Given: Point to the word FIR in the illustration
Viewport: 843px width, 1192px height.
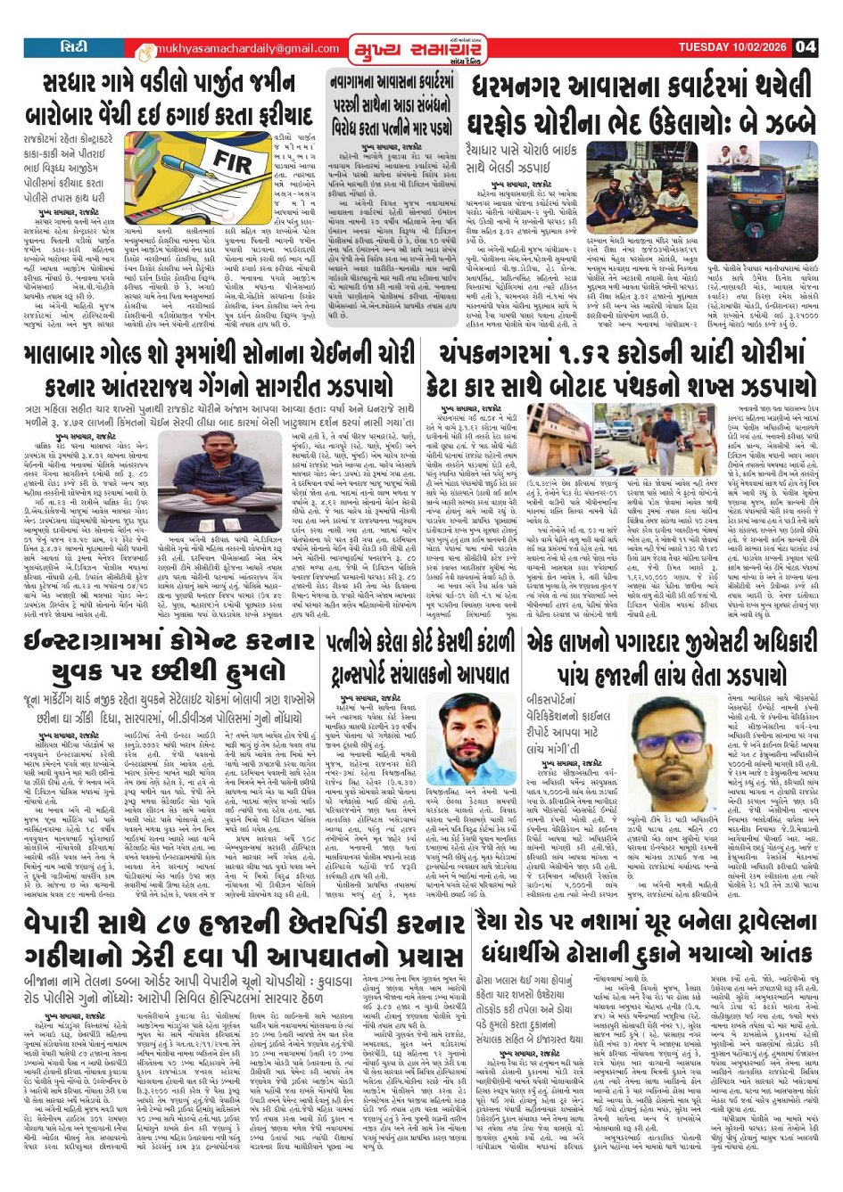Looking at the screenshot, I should [233, 162].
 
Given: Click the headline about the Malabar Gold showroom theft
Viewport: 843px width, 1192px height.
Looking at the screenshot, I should [219, 367].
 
